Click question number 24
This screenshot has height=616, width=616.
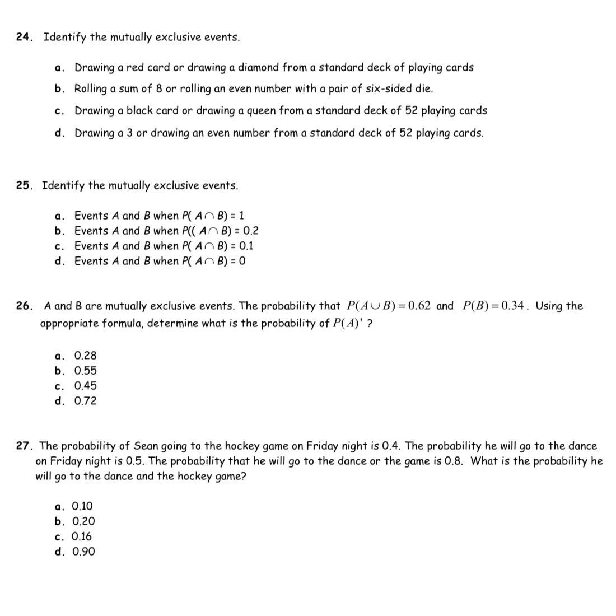[x=24, y=37]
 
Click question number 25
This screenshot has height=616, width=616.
[x=24, y=185]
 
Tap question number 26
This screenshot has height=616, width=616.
[x=24, y=306]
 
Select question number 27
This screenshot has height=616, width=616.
[x=24, y=446]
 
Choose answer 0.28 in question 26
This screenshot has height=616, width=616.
[x=85, y=356]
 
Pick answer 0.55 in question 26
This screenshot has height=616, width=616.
[x=85, y=371]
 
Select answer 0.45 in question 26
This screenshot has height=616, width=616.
[x=85, y=386]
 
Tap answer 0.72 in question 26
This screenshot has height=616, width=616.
[x=85, y=401]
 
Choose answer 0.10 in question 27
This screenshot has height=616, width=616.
[x=83, y=506]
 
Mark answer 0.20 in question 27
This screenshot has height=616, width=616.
[x=83, y=521]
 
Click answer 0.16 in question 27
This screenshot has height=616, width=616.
[x=82, y=536]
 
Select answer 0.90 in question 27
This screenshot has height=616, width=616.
[x=83, y=552]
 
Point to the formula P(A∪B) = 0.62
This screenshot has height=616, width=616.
[x=389, y=306]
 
